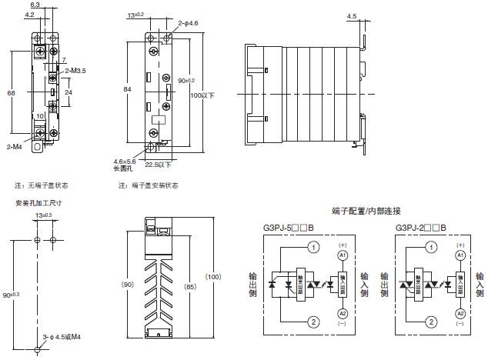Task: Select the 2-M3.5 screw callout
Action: (x=75, y=70)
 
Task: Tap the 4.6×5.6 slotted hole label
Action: (x=125, y=160)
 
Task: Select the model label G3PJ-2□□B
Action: (x=423, y=228)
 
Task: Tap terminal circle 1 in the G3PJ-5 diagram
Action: (x=313, y=248)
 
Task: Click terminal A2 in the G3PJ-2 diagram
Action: (x=460, y=313)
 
